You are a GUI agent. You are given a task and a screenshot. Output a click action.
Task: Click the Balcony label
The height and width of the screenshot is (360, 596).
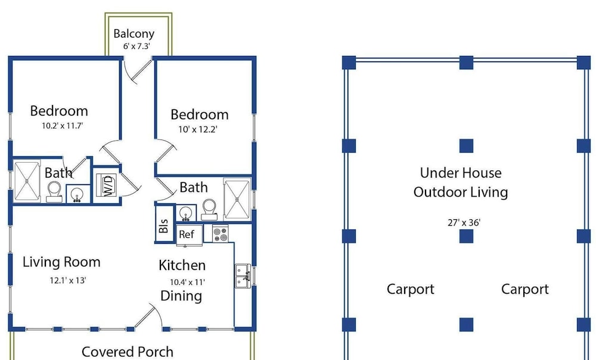pyautogui.click(x=134, y=34)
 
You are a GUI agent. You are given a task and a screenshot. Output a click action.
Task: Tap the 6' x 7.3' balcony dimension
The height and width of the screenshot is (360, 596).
pyautogui.click(x=136, y=46)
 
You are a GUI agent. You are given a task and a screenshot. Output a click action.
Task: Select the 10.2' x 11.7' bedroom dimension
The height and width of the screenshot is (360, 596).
pyautogui.click(x=63, y=126)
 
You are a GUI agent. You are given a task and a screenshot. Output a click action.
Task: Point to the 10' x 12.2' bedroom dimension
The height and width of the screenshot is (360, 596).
pyautogui.click(x=198, y=129)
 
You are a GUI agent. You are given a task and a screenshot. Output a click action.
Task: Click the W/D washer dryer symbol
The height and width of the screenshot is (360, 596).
pyautogui.click(x=107, y=185)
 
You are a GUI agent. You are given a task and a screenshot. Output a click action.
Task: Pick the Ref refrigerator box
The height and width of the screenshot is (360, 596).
pyautogui.click(x=189, y=235)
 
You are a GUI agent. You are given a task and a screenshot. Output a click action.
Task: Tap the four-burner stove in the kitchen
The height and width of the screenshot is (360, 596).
pyautogui.click(x=220, y=234)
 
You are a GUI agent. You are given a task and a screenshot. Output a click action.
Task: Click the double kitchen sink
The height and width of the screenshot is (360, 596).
pyautogui.click(x=243, y=275)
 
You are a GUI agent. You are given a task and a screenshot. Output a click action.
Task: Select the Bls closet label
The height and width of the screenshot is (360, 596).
pyautogui.click(x=163, y=226)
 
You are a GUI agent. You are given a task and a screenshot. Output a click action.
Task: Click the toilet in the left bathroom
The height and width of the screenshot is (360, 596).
pyautogui.click(x=54, y=191)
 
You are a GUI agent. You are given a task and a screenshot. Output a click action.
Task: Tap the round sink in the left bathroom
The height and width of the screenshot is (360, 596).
pyautogui.click(x=77, y=194)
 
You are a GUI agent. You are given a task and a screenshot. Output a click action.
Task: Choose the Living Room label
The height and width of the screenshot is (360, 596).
pyautogui.click(x=61, y=262)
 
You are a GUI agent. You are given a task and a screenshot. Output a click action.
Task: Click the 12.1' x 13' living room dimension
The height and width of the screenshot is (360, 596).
pyautogui.click(x=68, y=281)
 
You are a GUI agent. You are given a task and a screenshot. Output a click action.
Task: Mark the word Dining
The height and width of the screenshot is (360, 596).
pyautogui.click(x=181, y=296)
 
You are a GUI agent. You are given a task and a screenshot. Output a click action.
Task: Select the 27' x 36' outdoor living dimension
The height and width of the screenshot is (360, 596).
pyautogui.click(x=464, y=223)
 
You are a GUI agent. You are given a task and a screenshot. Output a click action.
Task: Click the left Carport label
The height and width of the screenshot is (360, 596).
pyautogui.click(x=411, y=289)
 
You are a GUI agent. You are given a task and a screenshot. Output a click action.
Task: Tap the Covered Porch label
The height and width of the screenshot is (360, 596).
pyautogui.click(x=128, y=352)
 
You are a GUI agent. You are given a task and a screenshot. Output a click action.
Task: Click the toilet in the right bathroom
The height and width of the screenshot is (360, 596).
pyautogui.click(x=209, y=209)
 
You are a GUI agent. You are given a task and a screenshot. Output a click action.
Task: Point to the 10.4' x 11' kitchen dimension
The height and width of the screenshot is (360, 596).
pyautogui.click(x=187, y=283)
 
